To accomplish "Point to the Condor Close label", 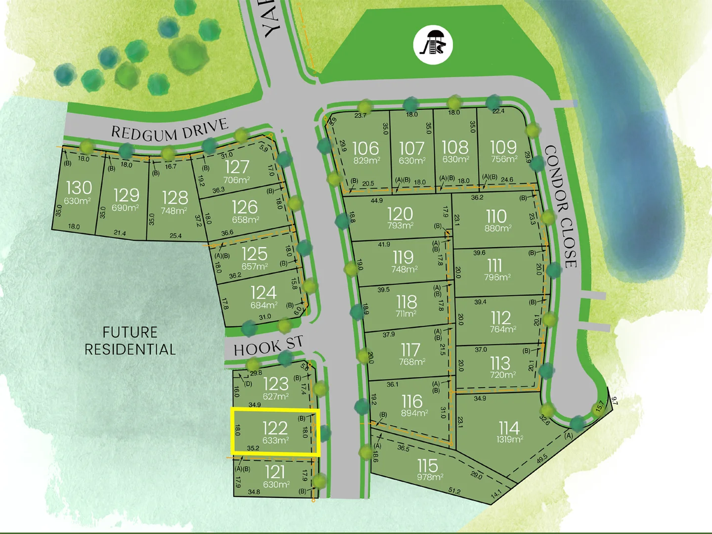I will pyautogui.click(x=561, y=207).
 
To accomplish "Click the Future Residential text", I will pyautogui.click(x=130, y=341).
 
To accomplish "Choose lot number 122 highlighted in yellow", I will pyautogui.click(x=275, y=428).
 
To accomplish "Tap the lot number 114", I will pyautogui.click(x=509, y=428).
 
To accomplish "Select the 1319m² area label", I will pyautogui.click(x=510, y=439).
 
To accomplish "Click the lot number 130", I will pyautogui.click(x=79, y=188).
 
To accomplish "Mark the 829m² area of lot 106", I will pyautogui.click(x=366, y=161).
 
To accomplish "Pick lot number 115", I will pyautogui.click(x=427, y=465).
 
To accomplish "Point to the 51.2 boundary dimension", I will pyautogui.click(x=454, y=491).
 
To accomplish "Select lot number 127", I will pyautogui.click(x=237, y=167).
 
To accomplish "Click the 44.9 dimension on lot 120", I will pyautogui.click(x=376, y=201).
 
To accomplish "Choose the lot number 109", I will pyautogui.click(x=503, y=147).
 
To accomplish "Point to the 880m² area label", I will pyautogui.click(x=497, y=228).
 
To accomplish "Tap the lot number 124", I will pyautogui.click(x=263, y=292).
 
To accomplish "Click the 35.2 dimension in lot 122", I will pyautogui.click(x=253, y=448).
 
